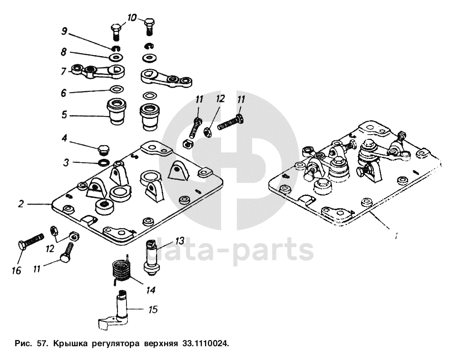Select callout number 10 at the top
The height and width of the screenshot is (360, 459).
click(132, 18)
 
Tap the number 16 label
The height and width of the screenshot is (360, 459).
click(17, 271)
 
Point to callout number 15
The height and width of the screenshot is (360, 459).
click(153, 310)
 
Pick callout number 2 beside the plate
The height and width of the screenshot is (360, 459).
click(21, 204)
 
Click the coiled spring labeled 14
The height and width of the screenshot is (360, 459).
click(122, 270)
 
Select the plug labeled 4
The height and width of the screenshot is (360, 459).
click(103, 150)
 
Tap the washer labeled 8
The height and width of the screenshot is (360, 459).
click(116, 58)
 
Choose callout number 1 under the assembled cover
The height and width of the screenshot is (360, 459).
click(396, 234)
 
